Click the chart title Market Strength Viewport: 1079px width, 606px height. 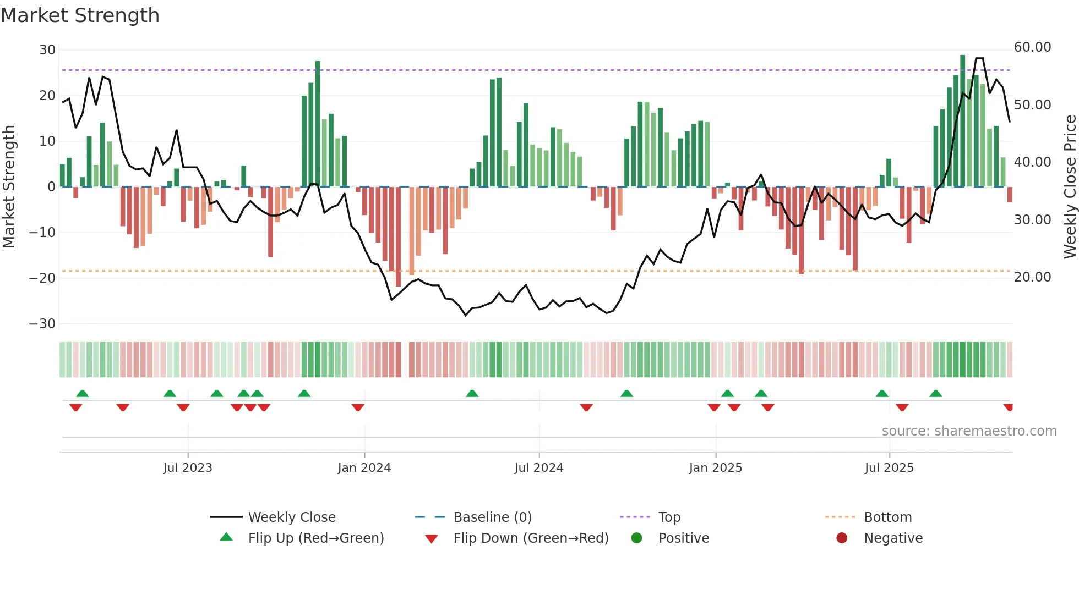pyautogui.click(x=80, y=15)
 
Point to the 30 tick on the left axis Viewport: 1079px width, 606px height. pyautogui.click(x=47, y=50)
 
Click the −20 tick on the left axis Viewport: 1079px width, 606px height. pyautogui.click(x=43, y=278)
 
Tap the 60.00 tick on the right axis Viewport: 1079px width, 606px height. pyautogui.click(x=1032, y=47)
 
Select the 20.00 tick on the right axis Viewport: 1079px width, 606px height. pyautogui.click(x=1032, y=277)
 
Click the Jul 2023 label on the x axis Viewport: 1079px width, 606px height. pyautogui.click(x=188, y=468)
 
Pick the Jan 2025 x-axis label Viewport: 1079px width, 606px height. pyautogui.click(x=715, y=468)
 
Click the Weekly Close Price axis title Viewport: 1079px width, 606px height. pyautogui.click(x=1070, y=187)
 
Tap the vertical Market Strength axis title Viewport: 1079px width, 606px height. pyautogui.click(x=9, y=187)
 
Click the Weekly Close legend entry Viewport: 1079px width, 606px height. pyautogui.click(x=291, y=517)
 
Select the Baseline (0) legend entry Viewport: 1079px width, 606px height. pyautogui.click(x=492, y=517)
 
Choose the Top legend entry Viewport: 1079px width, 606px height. pyautogui.click(x=669, y=517)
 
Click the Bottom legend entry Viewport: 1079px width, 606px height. pyautogui.click(x=887, y=517)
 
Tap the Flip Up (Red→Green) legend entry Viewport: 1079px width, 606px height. pyautogui.click(x=315, y=538)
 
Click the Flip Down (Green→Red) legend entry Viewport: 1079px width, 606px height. pyautogui.click(x=531, y=538)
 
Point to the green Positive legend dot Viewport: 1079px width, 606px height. pyautogui.click(x=637, y=538)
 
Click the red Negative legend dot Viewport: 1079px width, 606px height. pyautogui.click(x=842, y=538)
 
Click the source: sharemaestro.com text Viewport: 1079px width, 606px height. pyautogui.click(x=969, y=431)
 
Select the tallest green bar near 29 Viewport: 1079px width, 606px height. pyautogui.click(x=962, y=121)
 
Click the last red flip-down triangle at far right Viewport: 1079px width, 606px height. pyautogui.click(x=1009, y=407)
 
